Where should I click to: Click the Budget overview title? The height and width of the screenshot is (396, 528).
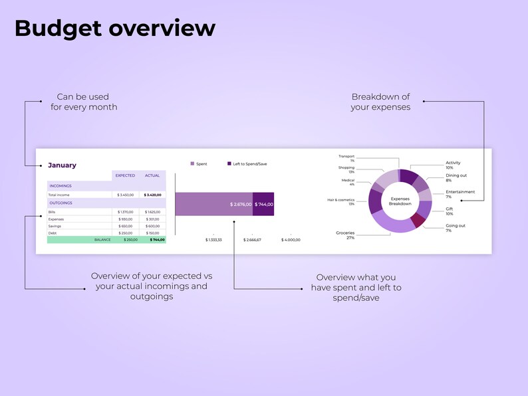pyautogui.click(x=114, y=29)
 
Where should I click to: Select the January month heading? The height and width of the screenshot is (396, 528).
pyautogui.click(x=62, y=165)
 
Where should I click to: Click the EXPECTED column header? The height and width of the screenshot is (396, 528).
pyautogui.click(x=125, y=176)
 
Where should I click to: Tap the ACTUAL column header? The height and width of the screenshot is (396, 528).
pyautogui.click(x=153, y=176)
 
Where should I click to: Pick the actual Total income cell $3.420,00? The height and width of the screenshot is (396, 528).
pyautogui.click(x=153, y=195)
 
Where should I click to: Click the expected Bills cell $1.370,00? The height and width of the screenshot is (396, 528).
pyautogui.click(x=125, y=212)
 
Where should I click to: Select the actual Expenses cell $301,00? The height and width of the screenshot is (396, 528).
pyautogui.click(x=153, y=219)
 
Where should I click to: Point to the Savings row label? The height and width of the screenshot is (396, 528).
pyautogui.click(x=55, y=226)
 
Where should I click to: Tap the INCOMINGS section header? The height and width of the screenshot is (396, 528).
pyautogui.click(x=61, y=186)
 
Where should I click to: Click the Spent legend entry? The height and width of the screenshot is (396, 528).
pyautogui.click(x=199, y=163)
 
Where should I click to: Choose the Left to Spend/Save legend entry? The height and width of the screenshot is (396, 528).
pyautogui.click(x=247, y=163)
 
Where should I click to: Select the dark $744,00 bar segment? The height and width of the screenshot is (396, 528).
pyautogui.click(x=263, y=204)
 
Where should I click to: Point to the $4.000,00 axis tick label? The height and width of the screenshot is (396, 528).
pyautogui.click(x=291, y=240)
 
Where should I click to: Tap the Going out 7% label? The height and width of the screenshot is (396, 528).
pyautogui.click(x=456, y=228)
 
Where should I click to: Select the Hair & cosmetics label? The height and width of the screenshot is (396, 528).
pyautogui.click(x=341, y=201)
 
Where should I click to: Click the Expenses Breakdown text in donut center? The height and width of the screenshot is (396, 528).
pyautogui.click(x=400, y=201)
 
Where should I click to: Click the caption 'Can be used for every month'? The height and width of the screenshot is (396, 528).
pyautogui.click(x=84, y=102)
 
